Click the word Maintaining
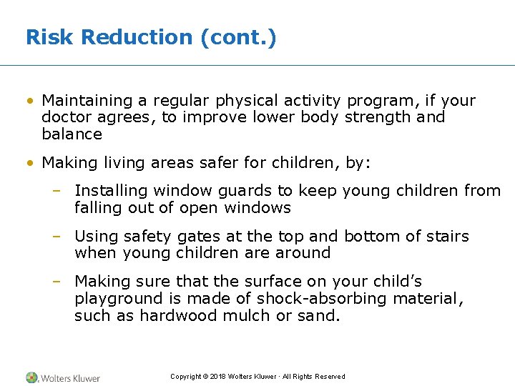(x=88, y=101)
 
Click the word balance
(x=72, y=134)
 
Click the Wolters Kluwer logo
(x=64, y=377)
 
